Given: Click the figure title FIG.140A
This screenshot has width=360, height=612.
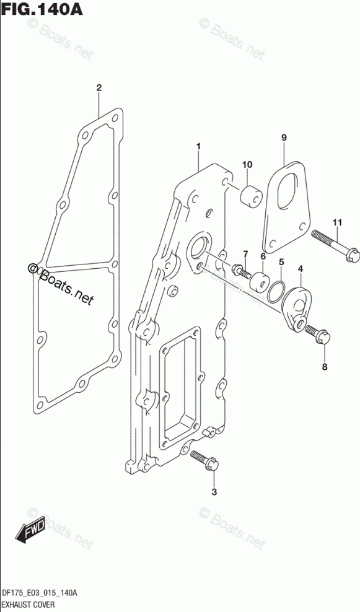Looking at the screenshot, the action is (42, 8).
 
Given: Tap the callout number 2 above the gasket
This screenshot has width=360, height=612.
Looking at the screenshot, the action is (99, 87).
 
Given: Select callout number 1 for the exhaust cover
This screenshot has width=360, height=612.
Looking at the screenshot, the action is (198, 146).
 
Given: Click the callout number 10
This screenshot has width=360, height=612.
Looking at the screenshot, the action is (247, 165).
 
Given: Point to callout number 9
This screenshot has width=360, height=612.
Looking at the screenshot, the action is (284, 138).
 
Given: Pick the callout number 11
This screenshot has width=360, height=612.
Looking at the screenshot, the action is (337, 222).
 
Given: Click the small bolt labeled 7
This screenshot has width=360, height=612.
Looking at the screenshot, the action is (240, 270).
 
